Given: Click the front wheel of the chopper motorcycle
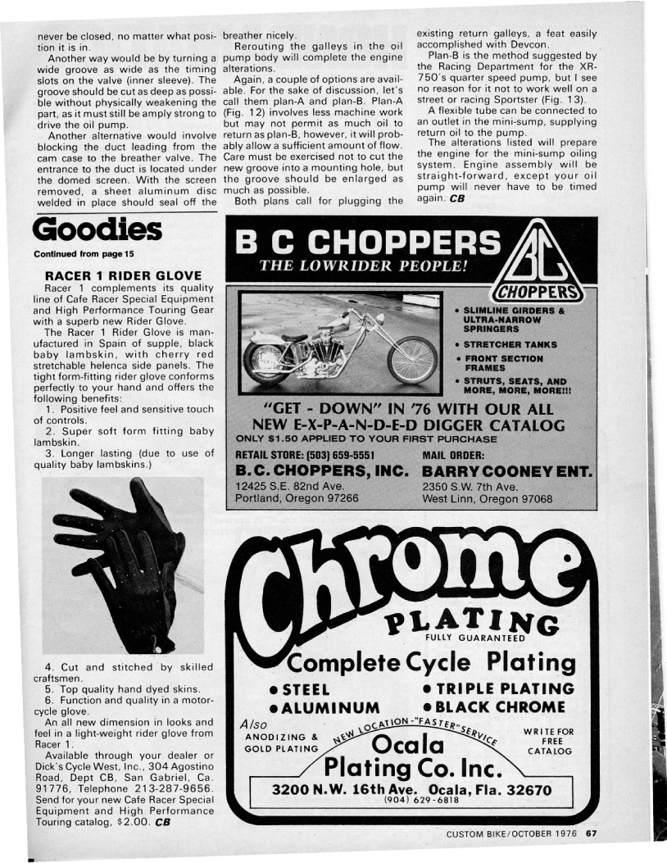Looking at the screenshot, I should (x=412, y=360).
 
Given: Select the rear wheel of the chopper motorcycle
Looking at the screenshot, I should (x=267, y=361).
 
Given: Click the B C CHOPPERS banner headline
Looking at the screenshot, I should (x=367, y=243).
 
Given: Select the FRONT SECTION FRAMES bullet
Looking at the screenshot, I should (x=504, y=363).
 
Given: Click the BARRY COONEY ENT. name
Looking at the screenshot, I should (x=508, y=473).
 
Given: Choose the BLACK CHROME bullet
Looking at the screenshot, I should (x=501, y=706).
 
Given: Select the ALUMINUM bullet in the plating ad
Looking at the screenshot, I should (x=327, y=707).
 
